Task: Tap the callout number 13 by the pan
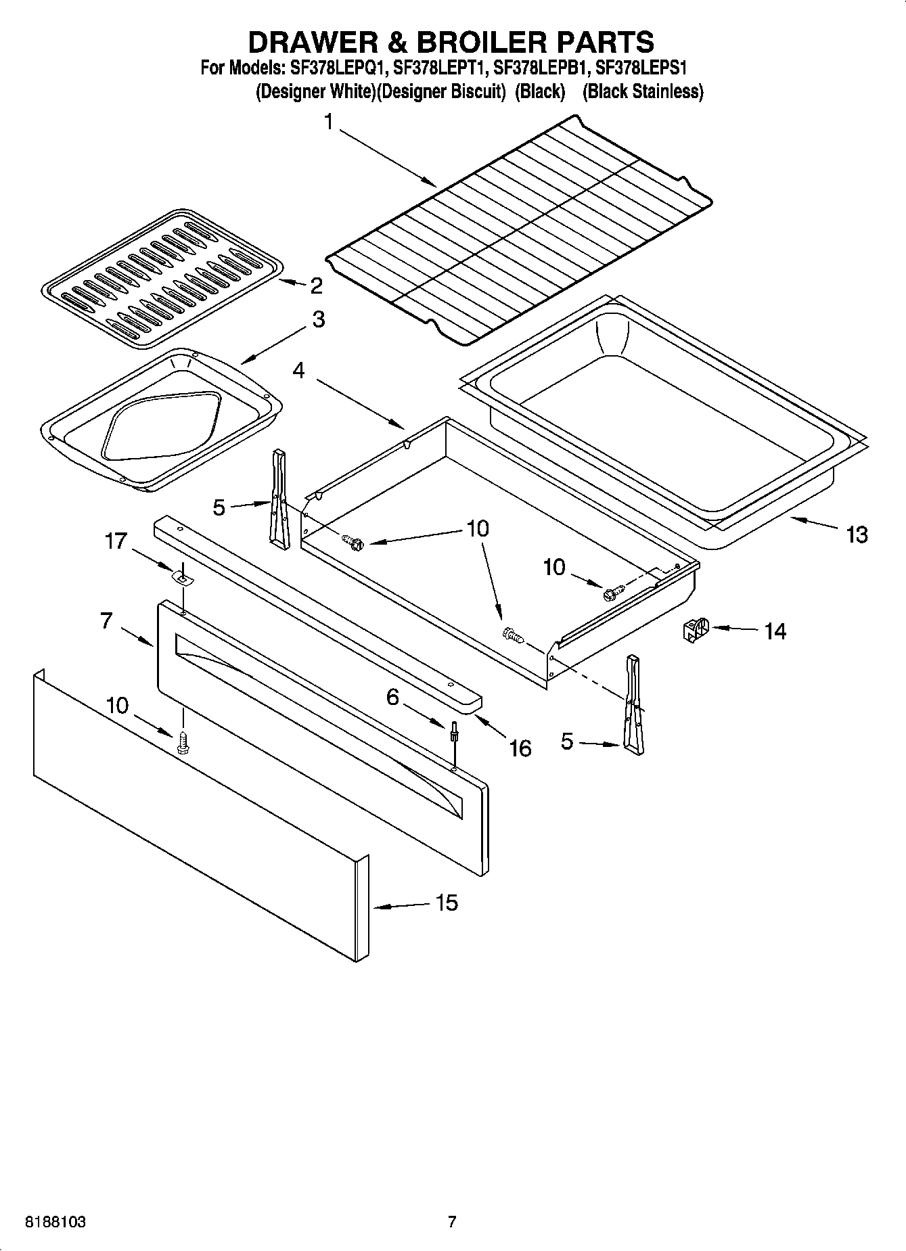click(856, 534)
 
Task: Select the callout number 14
click(775, 631)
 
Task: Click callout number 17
click(116, 541)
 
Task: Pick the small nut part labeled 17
click(181, 577)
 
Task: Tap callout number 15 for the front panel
click(447, 903)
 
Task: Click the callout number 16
click(520, 748)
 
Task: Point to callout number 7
click(106, 620)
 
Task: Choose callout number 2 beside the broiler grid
click(316, 286)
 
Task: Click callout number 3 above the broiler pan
click(318, 319)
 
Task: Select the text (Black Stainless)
click(643, 91)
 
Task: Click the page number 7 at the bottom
click(452, 1222)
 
